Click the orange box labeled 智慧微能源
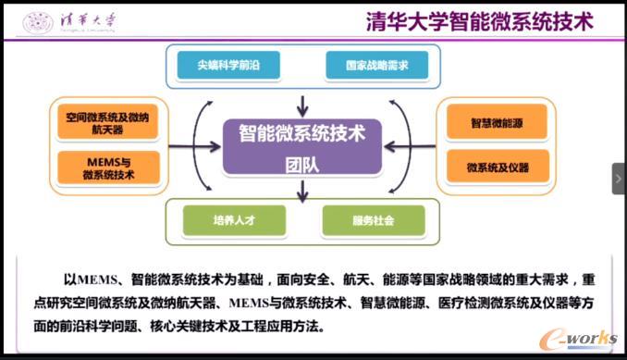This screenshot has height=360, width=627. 498,121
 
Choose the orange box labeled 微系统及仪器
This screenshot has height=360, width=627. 498,167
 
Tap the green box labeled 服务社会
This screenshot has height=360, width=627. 374,220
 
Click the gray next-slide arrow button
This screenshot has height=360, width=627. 619,179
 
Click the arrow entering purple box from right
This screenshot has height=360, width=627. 397,145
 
